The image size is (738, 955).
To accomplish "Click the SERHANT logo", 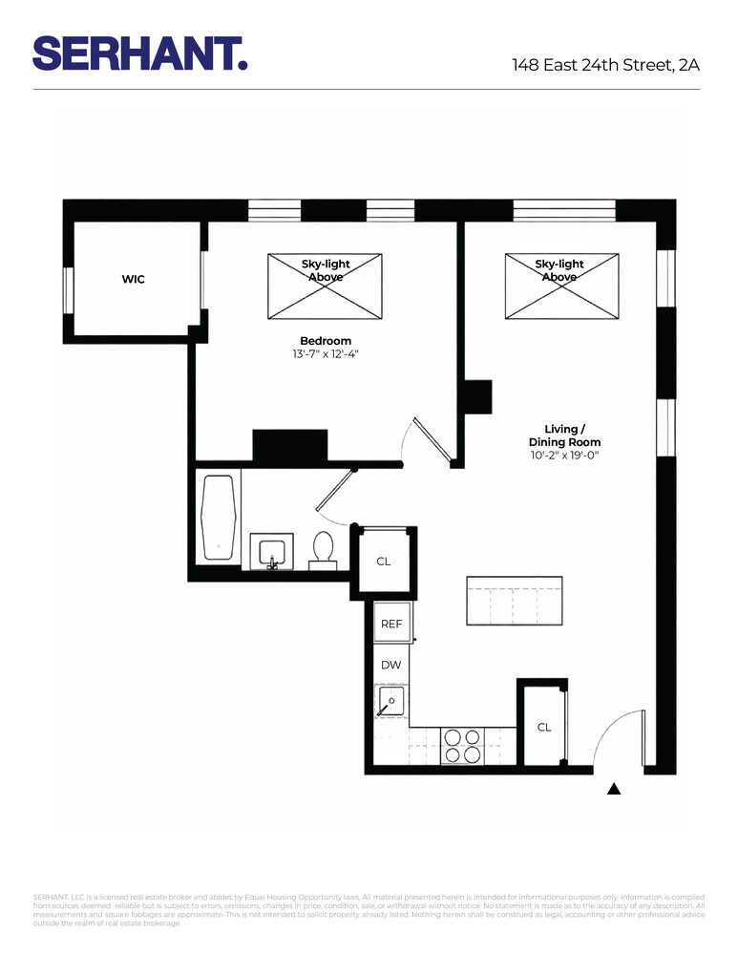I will tap(140, 53).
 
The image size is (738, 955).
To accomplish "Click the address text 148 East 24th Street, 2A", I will tap(605, 65).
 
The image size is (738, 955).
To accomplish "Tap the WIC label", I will tap(133, 280).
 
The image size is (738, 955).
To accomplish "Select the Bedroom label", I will tap(326, 341).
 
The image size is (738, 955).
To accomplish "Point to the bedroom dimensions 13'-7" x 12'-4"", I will tap(326, 354).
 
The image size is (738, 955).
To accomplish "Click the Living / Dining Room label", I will tap(564, 435).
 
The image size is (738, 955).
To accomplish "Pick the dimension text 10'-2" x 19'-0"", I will tap(564, 456).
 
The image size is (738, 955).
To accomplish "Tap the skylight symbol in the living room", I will tap(559, 286).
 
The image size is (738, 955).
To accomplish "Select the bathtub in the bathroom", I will tap(219, 518).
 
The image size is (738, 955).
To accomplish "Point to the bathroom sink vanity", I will tap(272, 553).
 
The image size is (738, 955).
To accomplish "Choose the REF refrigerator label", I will tap(392, 624).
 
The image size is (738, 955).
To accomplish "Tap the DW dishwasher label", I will tap(390, 665).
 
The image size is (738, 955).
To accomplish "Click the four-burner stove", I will tap(462, 745).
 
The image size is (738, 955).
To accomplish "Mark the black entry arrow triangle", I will tap(615, 789).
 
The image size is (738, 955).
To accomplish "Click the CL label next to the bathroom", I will tap(383, 562).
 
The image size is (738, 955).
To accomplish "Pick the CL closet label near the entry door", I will tap(543, 728).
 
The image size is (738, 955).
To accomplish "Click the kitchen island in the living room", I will tap(514, 602).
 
